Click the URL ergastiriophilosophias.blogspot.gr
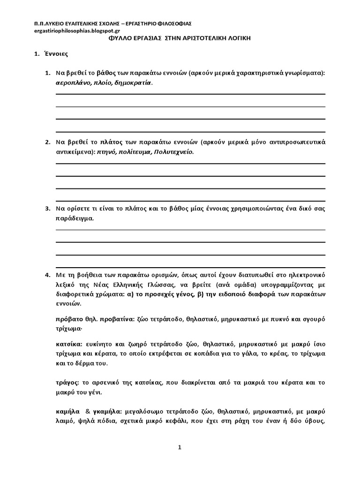click(66, 30)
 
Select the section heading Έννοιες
click(56, 54)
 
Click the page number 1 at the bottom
click(180, 447)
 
